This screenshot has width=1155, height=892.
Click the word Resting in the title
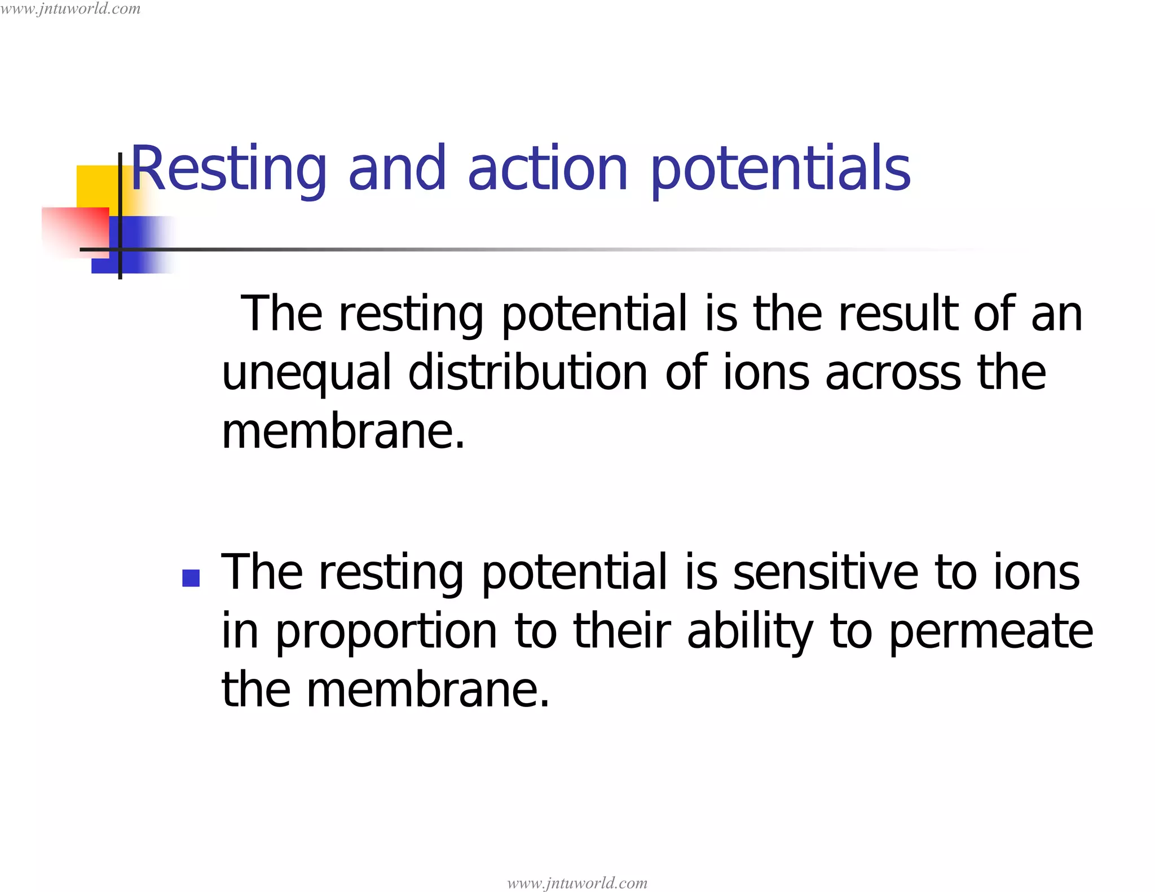(x=228, y=169)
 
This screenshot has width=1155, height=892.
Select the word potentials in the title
(x=781, y=169)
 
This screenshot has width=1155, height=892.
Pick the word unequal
(x=306, y=374)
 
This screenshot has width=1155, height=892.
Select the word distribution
(x=527, y=373)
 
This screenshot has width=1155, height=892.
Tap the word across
(x=893, y=374)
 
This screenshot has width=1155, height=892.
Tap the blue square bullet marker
(x=191, y=579)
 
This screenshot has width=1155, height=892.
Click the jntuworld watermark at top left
(x=70, y=8)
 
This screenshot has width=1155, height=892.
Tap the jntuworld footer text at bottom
(x=577, y=882)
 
